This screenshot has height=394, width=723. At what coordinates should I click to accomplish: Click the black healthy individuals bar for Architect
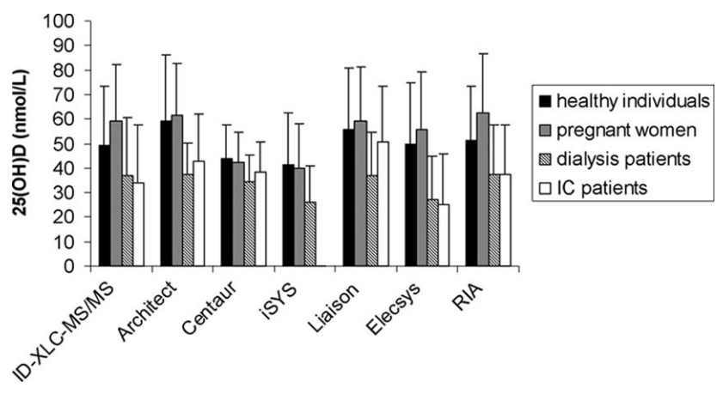click(166, 193)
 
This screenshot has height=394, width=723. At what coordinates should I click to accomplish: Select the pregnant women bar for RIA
click(484, 189)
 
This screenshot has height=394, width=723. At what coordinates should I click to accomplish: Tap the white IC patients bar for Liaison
click(382, 203)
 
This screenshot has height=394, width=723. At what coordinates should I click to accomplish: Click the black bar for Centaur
click(228, 212)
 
